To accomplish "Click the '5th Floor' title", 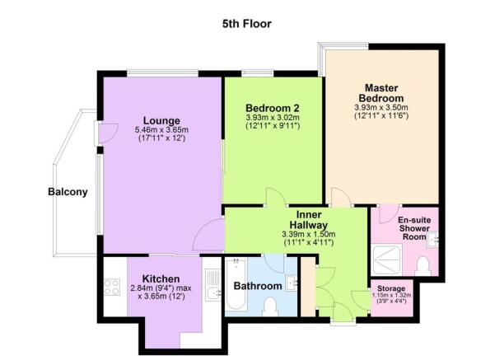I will coord(246,24).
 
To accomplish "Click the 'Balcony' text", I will coord(68,193).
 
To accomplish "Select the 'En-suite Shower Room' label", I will coord(415,228).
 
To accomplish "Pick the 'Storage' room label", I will coord(391,288).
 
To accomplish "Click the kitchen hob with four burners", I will coord(110,289).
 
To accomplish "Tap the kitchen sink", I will coord(212,288).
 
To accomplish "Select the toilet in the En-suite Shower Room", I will coord(423,266).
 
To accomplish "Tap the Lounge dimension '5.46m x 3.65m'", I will coord(161,130).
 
